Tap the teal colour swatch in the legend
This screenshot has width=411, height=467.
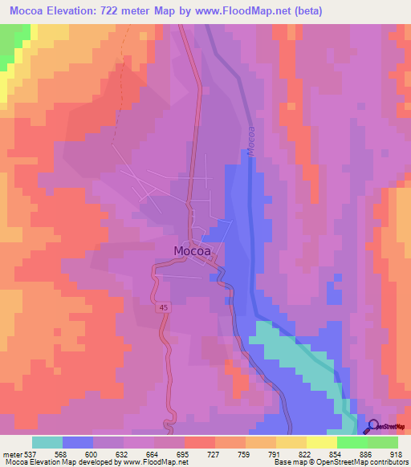tap(47, 442)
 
